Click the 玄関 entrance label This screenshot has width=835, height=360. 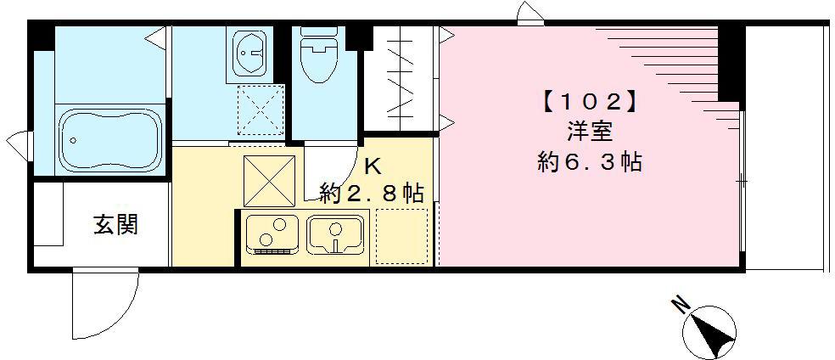click(x=115, y=226)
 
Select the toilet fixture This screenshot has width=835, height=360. click(x=318, y=56)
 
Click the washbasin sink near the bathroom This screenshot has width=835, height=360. click(x=251, y=54)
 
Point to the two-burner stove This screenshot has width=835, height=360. click(x=272, y=233)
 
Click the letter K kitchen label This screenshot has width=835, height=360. click(x=373, y=166)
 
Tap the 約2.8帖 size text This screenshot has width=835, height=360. click(x=372, y=193)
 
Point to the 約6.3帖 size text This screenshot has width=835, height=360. click(x=589, y=161)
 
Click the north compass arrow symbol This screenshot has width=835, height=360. click(x=715, y=331)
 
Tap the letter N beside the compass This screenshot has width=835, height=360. click(x=681, y=304)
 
